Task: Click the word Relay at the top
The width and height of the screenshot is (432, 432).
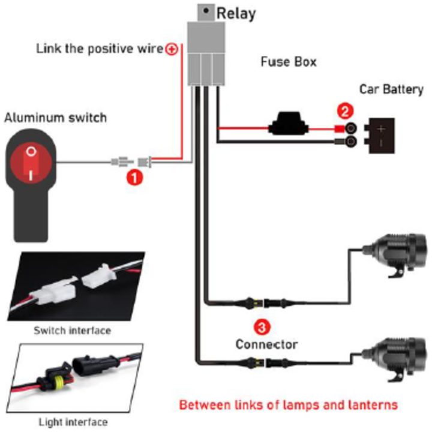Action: pos(236,13)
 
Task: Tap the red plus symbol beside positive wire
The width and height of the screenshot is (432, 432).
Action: pos(172,49)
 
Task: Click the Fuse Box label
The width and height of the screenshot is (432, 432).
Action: pos(289,62)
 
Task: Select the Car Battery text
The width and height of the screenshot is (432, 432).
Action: pos(391,89)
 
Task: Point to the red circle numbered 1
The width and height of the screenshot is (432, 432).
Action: pos(134,178)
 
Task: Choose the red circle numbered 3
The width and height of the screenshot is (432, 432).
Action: pos(262,327)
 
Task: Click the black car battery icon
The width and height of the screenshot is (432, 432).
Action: pos(379,136)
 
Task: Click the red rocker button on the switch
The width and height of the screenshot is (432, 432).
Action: pos(31,164)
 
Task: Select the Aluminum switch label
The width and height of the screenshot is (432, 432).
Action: pos(55,118)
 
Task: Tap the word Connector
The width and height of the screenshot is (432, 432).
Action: pos(266,344)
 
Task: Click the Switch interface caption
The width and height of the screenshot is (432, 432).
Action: pos(72,331)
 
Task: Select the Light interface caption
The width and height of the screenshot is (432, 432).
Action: pos(73,422)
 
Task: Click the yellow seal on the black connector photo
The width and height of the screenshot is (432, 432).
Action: pos(58,381)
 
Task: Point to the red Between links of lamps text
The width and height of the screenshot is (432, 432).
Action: pos(288,405)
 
